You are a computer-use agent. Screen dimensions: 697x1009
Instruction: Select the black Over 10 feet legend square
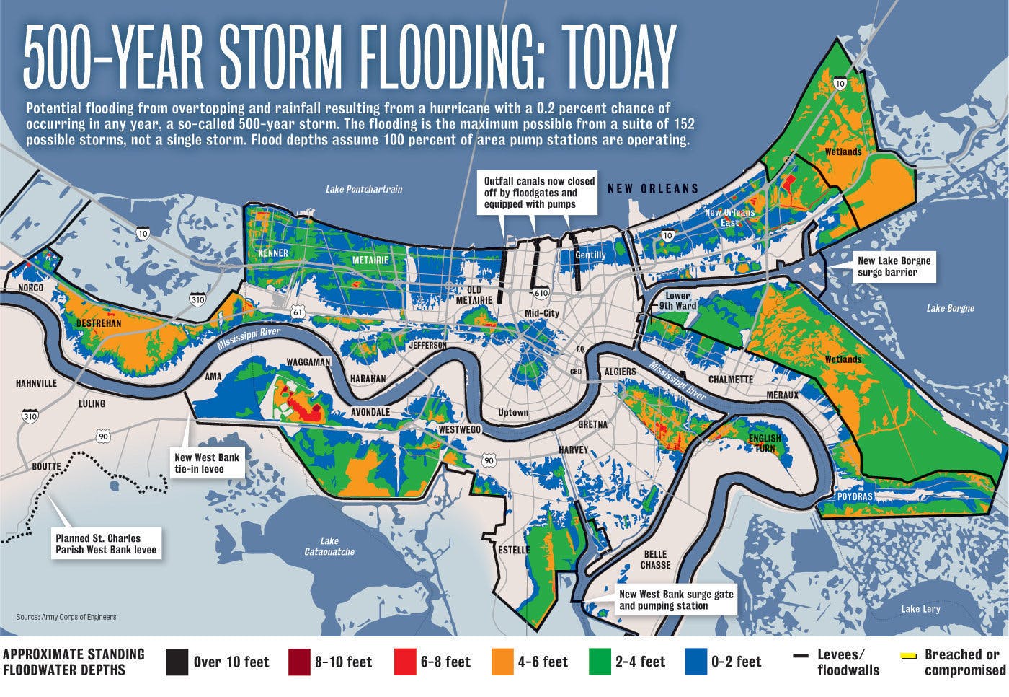tap(177, 661)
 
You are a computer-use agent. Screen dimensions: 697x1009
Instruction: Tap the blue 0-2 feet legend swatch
tap(695, 661)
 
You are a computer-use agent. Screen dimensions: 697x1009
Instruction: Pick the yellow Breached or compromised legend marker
tap(908, 655)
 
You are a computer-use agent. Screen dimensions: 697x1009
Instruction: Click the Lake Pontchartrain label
tap(363, 189)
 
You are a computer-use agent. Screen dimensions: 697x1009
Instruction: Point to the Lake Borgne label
tap(950, 308)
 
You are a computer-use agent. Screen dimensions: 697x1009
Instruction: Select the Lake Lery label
tap(920, 609)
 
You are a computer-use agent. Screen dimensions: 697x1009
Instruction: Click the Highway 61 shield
tap(298, 311)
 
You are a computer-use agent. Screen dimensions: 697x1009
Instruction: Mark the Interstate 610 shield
tap(541, 292)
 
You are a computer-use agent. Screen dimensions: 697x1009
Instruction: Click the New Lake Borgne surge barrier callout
tap(893, 266)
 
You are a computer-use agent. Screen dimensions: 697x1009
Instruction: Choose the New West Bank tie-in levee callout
tap(206, 463)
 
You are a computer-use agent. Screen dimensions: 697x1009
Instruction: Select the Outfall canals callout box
tap(539, 193)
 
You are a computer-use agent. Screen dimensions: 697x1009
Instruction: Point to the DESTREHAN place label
tap(99, 323)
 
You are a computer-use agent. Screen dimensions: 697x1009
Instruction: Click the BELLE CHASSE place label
tap(655, 559)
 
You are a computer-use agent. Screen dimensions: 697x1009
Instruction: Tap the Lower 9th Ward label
tap(677, 300)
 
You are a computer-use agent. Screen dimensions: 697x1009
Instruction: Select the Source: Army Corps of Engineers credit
tap(66, 617)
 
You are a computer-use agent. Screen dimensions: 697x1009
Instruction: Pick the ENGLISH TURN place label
tap(764, 443)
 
